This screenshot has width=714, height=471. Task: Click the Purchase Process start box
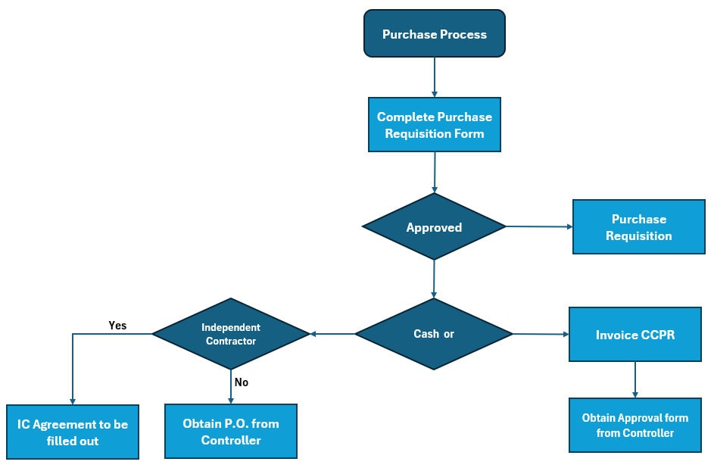pos(434,34)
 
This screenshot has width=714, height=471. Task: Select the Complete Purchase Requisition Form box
pos(434,125)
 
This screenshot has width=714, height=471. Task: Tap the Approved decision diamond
pos(434,227)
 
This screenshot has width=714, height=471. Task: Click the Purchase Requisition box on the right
pos(638,227)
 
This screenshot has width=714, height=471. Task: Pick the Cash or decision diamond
pos(434,334)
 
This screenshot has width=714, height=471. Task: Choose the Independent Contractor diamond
pos(231,334)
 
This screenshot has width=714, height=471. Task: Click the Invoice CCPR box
pos(634,334)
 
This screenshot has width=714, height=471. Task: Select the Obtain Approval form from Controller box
pos(634,426)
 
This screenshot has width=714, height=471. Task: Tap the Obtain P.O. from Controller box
pos(231,432)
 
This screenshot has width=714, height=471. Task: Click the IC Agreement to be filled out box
pos(73,432)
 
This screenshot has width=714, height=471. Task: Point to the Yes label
pos(117,326)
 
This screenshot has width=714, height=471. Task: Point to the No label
pos(241,382)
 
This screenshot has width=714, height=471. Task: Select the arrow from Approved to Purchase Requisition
pos(538,226)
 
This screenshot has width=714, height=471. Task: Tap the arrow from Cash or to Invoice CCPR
pos(541,334)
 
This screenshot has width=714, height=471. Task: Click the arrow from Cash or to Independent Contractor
pos(332,334)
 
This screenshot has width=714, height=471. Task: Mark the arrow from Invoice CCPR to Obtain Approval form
pos(634,379)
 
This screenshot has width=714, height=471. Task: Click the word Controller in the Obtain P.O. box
pos(231,440)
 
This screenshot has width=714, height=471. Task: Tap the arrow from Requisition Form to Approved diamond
pos(435,172)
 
